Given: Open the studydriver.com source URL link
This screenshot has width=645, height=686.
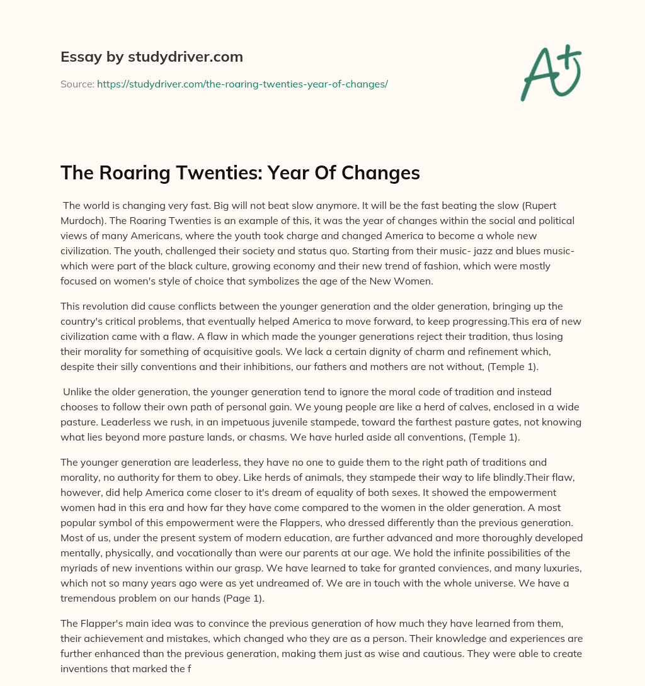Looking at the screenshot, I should [242, 84].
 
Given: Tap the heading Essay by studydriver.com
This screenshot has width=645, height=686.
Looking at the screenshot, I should [151, 57].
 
